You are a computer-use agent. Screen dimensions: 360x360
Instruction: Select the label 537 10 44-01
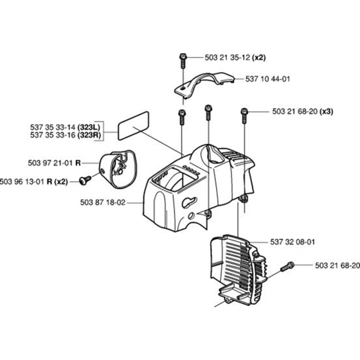[267, 79]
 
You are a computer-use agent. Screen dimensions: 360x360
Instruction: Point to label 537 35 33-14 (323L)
[65, 127]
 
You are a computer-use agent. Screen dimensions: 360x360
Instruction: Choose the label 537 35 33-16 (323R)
[66, 135]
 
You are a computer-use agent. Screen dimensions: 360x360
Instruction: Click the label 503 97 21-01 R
[55, 163]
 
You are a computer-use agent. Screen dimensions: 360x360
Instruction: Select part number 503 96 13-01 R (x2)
[33, 182]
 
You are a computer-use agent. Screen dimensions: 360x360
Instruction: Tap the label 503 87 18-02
[103, 203]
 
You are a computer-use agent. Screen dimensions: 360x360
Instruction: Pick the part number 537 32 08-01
[292, 242]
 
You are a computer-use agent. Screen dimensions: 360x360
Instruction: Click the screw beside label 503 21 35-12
[183, 60]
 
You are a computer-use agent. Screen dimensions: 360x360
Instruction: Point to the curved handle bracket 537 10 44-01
[204, 85]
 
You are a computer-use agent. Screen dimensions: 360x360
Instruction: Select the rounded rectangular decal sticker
[134, 125]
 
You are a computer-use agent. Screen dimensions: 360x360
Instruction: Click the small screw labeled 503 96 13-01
[85, 180]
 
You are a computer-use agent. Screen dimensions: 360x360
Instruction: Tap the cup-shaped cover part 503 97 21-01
[118, 169]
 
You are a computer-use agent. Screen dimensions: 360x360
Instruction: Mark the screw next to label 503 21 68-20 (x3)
[244, 116]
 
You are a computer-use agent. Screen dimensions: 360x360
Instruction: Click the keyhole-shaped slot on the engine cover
[189, 202]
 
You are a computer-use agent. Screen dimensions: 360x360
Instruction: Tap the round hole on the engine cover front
[191, 216]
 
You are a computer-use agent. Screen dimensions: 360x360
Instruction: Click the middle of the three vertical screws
[208, 113]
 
